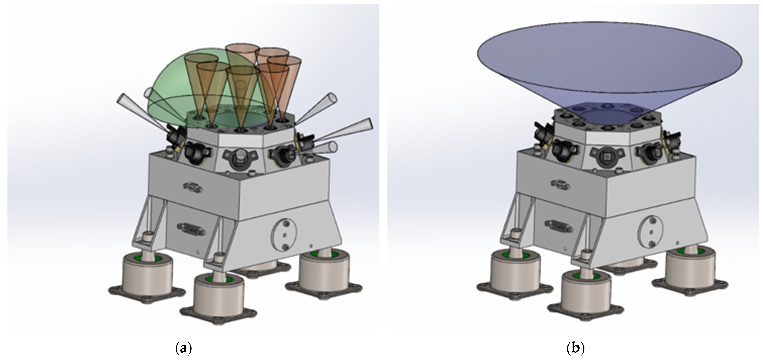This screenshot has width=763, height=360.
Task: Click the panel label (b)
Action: pyautogui.click(x=575, y=348)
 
